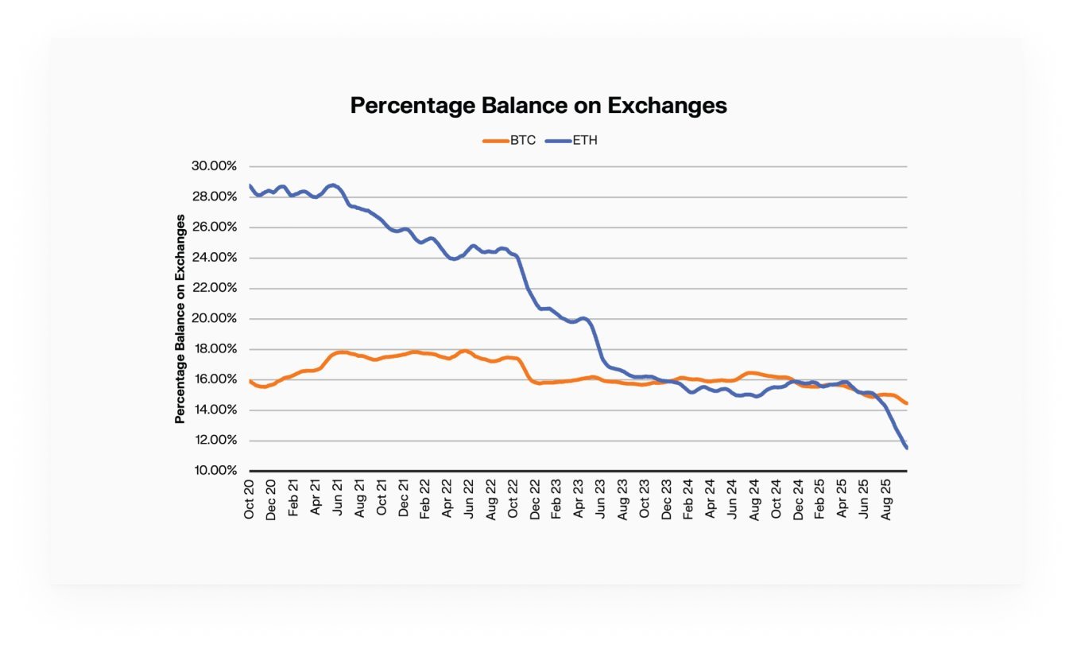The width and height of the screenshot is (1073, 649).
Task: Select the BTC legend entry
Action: [x=510, y=141]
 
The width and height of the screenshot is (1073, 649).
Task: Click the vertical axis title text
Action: [x=180, y=318]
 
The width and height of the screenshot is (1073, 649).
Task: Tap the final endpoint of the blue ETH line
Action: [x=906, y=449]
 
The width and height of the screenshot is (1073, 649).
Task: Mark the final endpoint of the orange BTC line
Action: [x=906, y=403]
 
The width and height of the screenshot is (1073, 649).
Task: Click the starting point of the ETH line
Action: [x=250, y=185]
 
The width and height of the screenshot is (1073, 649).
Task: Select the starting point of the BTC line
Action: [x=250, y=381]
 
